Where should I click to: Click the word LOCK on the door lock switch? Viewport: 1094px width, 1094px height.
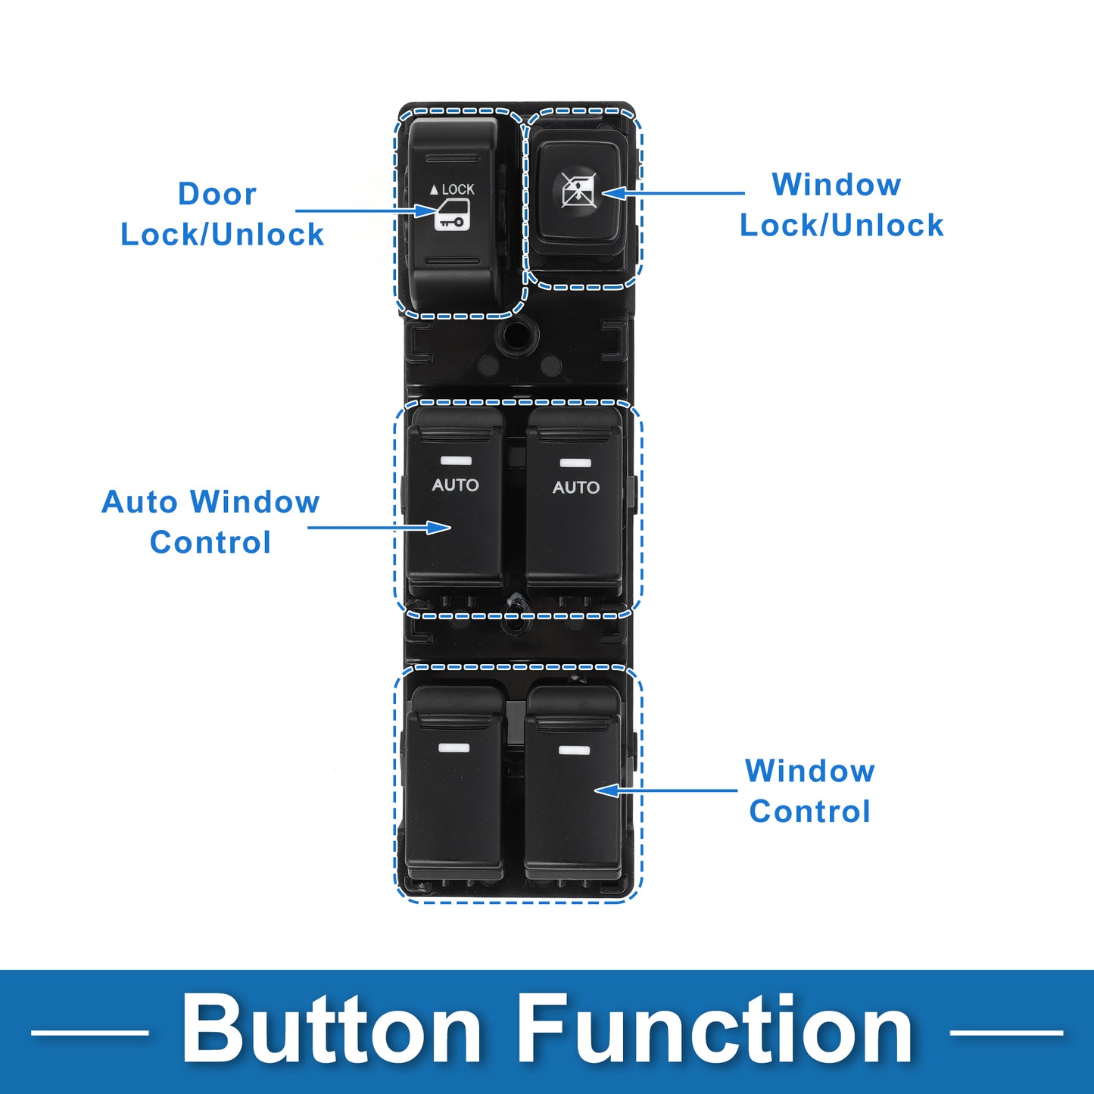click(458, 189)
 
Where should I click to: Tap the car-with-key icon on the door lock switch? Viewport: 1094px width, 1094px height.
click(452, 215)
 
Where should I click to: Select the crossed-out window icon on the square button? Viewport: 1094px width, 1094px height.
click(578, 190)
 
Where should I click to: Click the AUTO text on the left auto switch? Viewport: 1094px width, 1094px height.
click(455, 485)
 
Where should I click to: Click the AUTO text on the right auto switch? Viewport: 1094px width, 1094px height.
click(575, 487)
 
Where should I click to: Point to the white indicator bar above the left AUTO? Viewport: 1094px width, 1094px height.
click(455, 460)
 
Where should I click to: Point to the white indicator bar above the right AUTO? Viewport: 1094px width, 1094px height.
click(575, 463)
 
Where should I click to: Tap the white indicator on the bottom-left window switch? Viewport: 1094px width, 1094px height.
click(454, 748)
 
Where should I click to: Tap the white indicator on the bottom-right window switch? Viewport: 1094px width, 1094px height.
click(574, 750)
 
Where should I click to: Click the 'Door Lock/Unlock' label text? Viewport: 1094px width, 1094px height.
click(222, 214)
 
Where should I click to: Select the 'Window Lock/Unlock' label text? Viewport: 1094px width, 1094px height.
click(841, 204)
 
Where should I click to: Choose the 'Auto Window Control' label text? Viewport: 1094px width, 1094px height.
click(210, 522)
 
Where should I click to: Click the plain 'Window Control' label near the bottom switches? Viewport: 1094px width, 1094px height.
click(809, 791)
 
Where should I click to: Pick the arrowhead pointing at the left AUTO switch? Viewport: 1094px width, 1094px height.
click(439, 528)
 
